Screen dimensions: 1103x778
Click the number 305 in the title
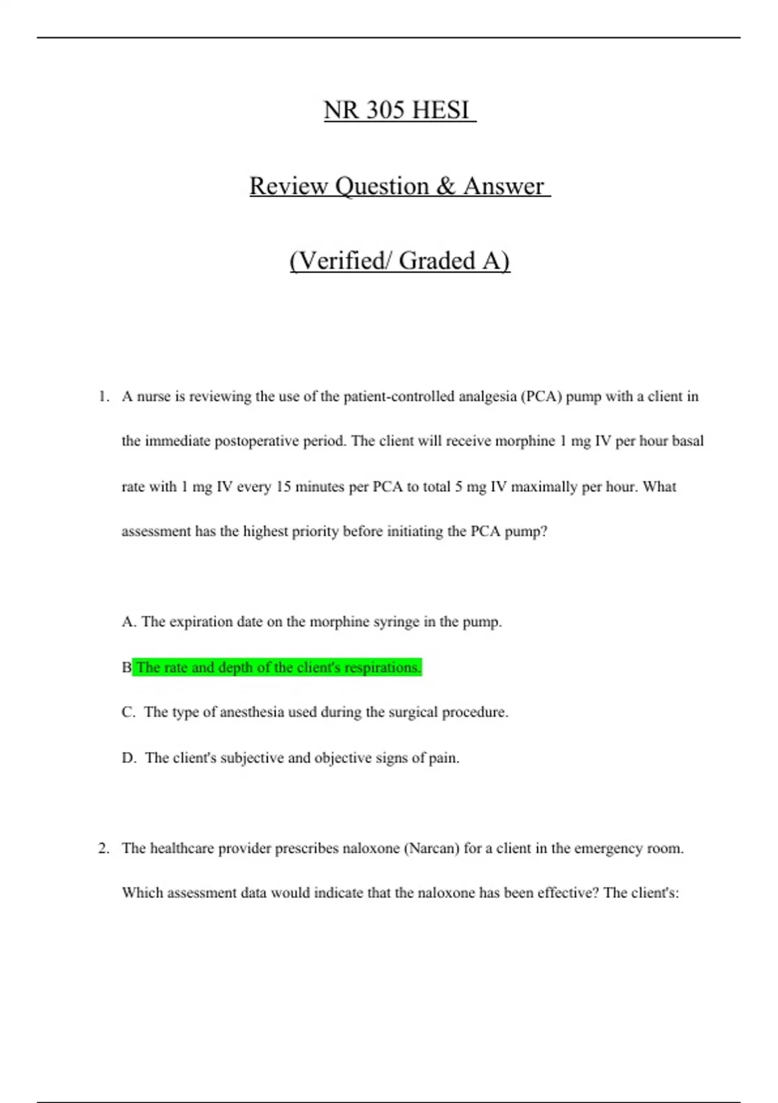click(385, 110)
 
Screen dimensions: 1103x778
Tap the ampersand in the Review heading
click(445, 186)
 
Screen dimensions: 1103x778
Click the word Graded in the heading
click(437, 261)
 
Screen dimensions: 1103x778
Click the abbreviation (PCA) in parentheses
click(541, 396)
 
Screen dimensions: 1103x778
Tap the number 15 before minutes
click(283, 487)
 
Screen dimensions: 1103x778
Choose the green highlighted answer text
click(279, 667)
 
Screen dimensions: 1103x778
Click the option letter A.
click(128, 622)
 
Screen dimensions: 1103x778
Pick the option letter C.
click(128, 712)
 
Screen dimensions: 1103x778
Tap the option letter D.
click(128, 758)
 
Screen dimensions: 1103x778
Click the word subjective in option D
click(250, 758)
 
